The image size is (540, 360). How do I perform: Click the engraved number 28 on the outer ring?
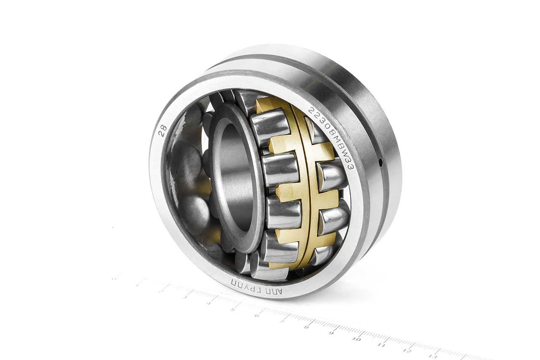point(162,130)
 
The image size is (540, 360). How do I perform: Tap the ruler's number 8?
point(307,327)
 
